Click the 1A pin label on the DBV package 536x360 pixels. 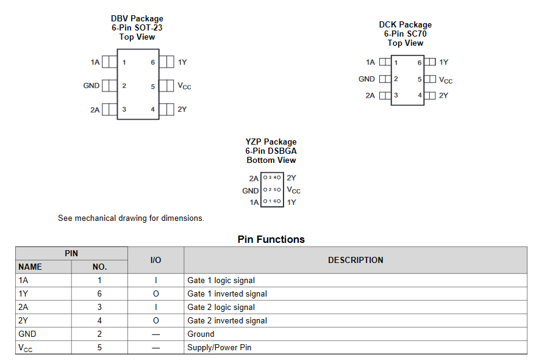pos(95,62)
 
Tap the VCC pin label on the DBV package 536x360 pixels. pos(184,86)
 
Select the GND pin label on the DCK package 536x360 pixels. pos(366,79)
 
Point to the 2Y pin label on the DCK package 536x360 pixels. pos(443,95)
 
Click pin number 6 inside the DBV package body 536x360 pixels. pos(153,62)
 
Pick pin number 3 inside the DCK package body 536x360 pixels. pos(396,95)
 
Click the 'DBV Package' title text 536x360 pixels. pos(137,19)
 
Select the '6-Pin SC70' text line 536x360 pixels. pos(405,34)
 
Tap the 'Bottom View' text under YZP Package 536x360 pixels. pos(271,160)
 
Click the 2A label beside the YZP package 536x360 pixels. pos(254,178)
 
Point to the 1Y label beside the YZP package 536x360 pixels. pos(291,202)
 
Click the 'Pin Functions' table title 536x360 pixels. pos(271,239)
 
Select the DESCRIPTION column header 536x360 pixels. pos(356,260)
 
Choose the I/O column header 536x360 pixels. pos(155,260)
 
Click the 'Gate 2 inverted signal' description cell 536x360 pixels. pos(227,320)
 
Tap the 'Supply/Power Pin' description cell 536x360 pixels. pos(219,347)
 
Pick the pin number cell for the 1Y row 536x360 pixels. pos(99,293)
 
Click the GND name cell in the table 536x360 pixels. pos(27,334)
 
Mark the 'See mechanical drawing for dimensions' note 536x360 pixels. pos(131,218)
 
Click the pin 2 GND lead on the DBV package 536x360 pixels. pos(110,86)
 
